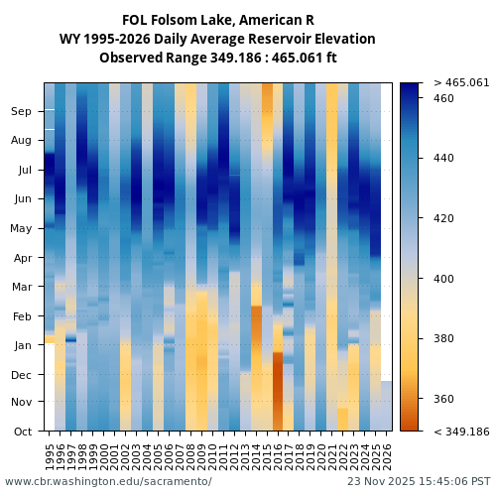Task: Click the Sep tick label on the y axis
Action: coord(22,112)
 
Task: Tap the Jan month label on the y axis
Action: coord(22,345)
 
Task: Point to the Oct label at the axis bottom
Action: coord(22,432)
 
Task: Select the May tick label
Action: coord(22,228)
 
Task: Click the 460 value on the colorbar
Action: coord(443,99)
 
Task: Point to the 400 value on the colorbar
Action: coord(443,279)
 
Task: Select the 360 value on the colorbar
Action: coord(443,399)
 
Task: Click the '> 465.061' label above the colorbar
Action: coord(461,82)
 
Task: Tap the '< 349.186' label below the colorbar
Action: coord(461,432)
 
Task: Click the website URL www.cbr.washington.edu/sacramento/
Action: coord(108,482)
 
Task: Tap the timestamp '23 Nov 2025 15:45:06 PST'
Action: coord(418,482)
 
